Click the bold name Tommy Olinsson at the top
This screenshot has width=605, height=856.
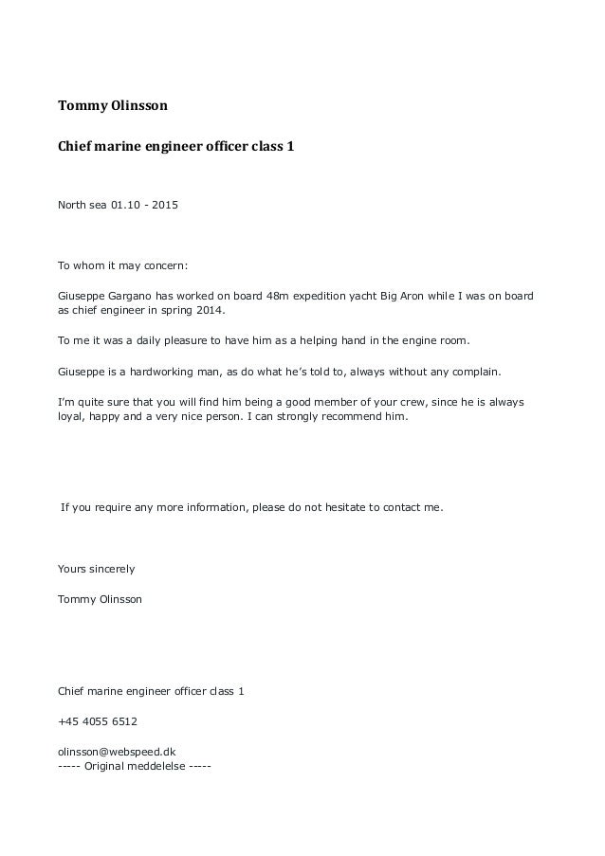(x=113, y=105)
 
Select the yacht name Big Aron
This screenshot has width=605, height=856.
(x=414, y=296)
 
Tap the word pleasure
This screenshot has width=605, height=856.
(x=192, y=339)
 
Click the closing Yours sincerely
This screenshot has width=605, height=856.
(x=97, y=569)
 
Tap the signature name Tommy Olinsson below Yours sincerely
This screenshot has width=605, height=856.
(x=101, y=599)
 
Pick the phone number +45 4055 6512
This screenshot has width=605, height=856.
(x=98, y=721)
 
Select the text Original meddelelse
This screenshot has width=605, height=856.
(x=134, y=765)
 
